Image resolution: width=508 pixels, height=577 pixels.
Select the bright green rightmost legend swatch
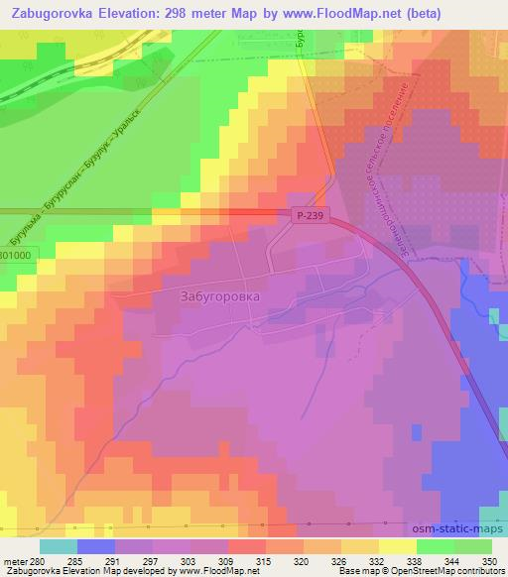tap(473, 547)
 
